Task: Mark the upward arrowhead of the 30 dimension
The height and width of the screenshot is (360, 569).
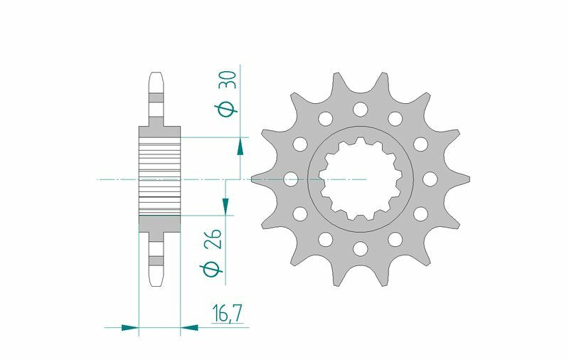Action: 240,147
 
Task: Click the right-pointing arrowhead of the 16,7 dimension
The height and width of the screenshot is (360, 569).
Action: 129,328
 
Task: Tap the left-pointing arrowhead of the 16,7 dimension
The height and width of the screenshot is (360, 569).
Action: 189,328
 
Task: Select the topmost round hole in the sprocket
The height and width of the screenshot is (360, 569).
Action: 361,109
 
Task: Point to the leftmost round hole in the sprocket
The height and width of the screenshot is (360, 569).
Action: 290,179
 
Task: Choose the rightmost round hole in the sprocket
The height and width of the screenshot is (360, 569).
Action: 431,179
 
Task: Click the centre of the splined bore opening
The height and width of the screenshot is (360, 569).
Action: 361,179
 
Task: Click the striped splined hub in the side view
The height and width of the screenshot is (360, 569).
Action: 159,175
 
